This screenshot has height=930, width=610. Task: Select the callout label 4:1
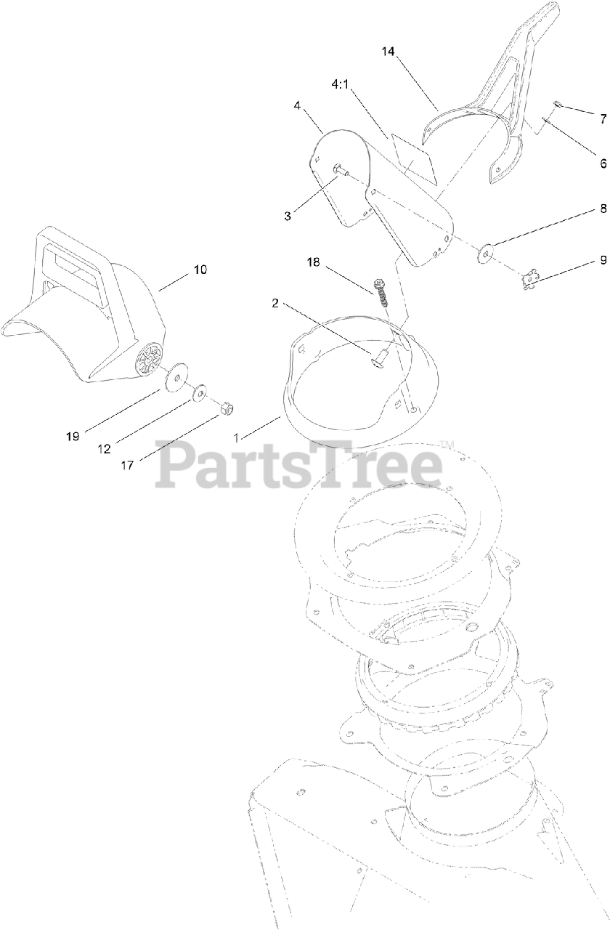tap(341, 84)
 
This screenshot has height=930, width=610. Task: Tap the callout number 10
tap(200, 270)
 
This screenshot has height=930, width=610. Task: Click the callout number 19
tap(72, 436)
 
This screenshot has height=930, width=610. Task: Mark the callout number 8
tap(603, 208)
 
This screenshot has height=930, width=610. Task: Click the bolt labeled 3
tap(341, 170)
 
